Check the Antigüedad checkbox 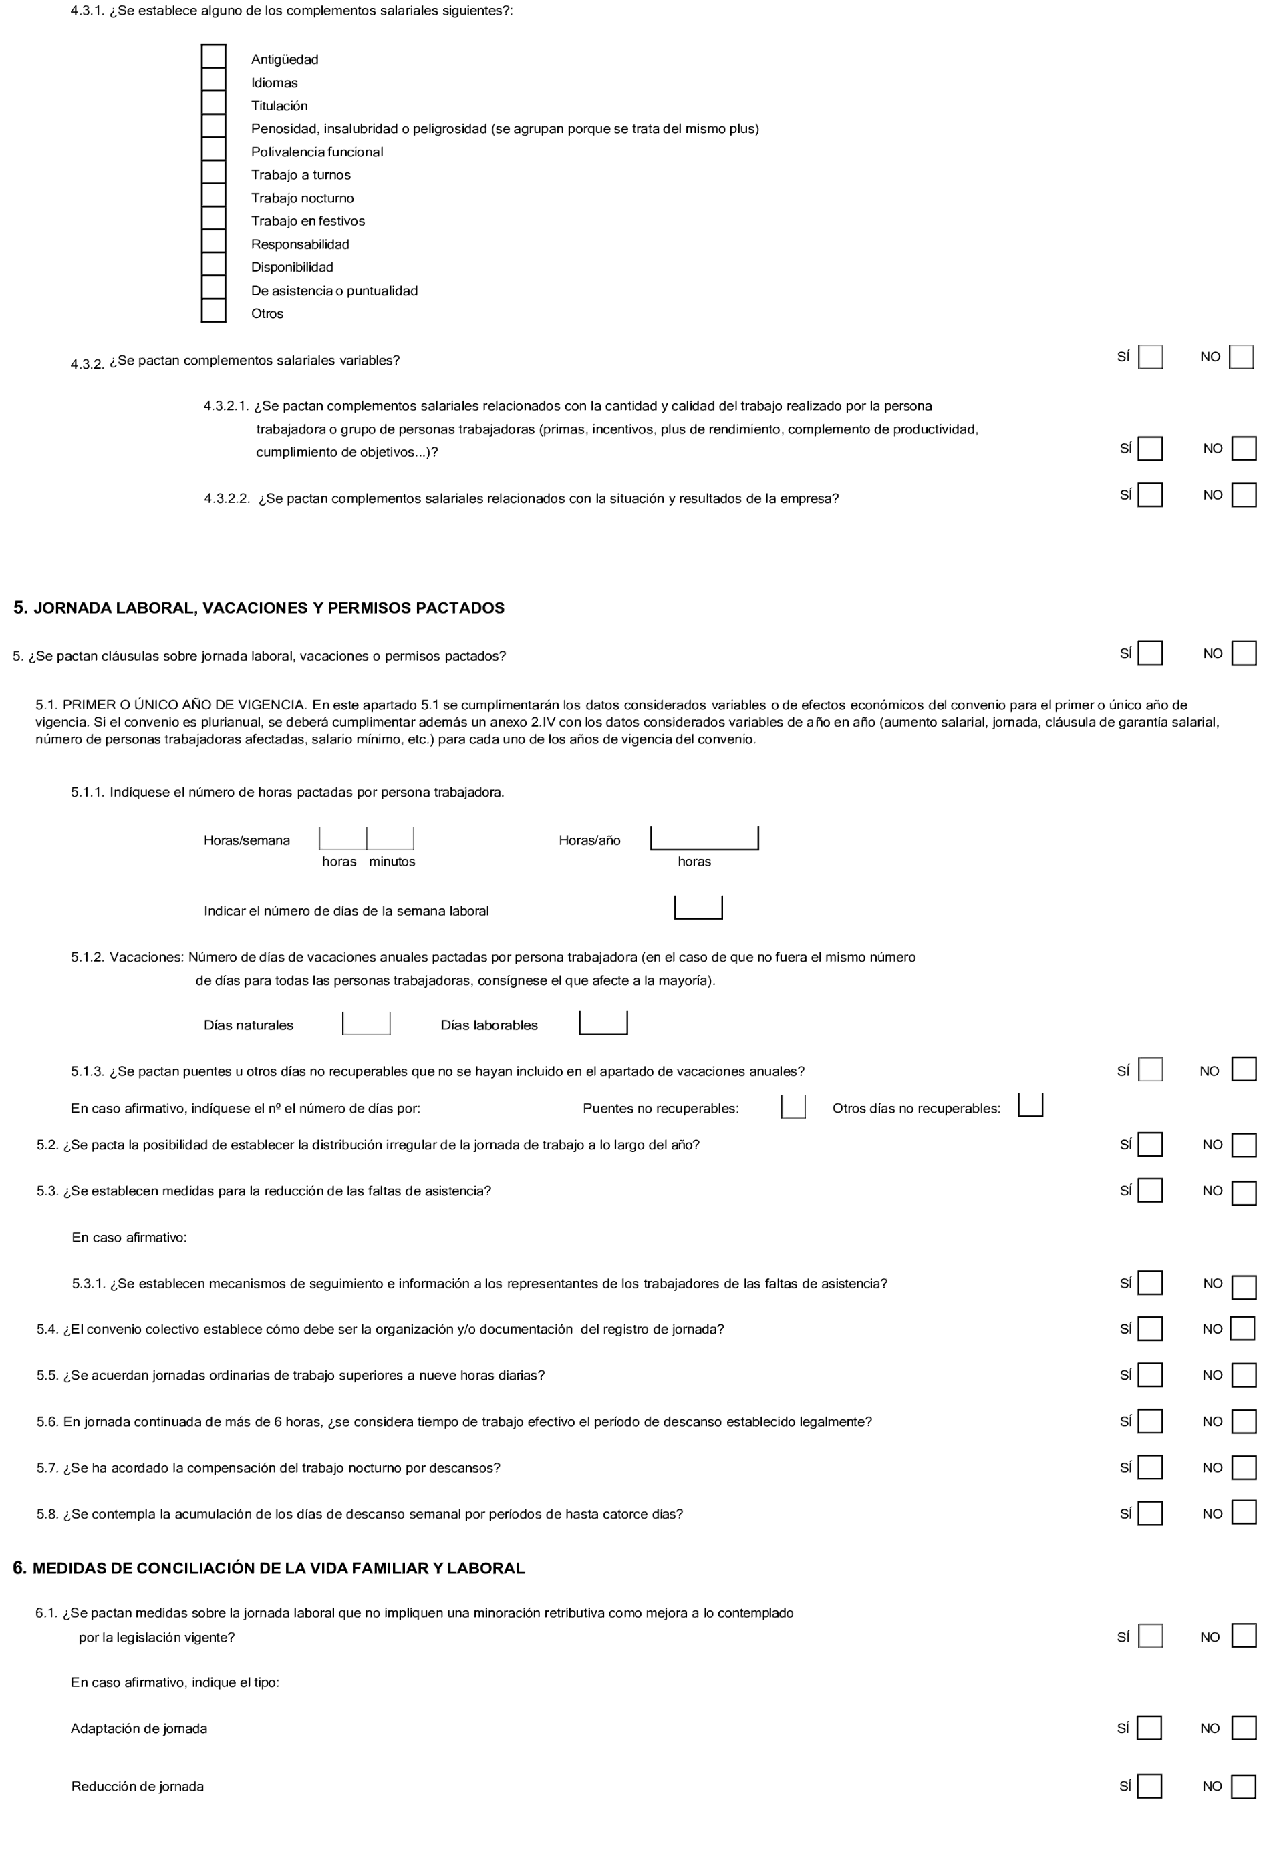click(x=213, y=57)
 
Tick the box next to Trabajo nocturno click(x=213, y=196)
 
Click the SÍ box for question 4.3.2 click(x=1149, y=357)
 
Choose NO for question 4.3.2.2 click(x=1244, y=496)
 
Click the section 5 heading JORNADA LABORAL click(x=259, y=608)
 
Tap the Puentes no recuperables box click(x=793, y=1107)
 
